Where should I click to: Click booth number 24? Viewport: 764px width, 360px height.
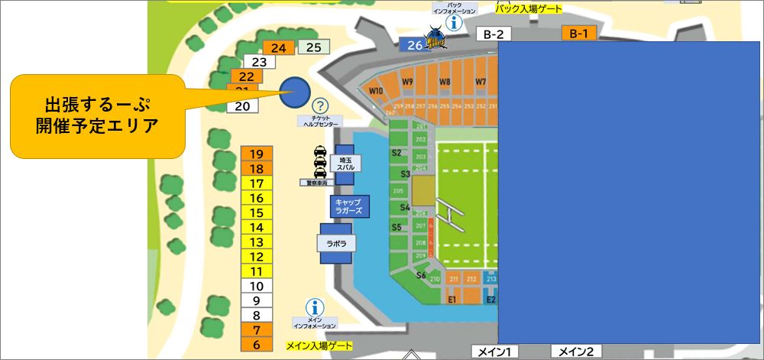pyautogui.click(x=278, y=47)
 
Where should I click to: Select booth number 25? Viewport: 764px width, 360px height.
pyautogui.click(x=313, y=47)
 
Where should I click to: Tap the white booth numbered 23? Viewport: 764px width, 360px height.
pyautogui.click(x=259, y=62)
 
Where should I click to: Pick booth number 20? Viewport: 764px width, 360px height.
pyautogui.click(x=243, y=106)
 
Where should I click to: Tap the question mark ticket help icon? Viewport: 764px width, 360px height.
pyautogui.click(x=320, y=105)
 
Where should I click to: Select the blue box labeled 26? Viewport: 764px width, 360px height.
pyautogui.click(x=413, y=45)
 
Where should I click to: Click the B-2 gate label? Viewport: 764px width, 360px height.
pyautogui.click(x=494, y=34)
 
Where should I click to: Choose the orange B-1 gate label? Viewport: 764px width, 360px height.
pyautogui.click(x=578, y=34)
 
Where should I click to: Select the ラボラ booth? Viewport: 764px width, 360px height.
pyautogui.click(x=336, y=243)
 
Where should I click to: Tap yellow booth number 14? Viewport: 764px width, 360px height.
pyautogui.click(x=257, y=227)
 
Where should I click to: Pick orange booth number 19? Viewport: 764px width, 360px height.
pyautogui.click(x=257, y=154)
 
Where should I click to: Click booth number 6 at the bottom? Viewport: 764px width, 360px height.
pyautogui.click(x=257, y=345)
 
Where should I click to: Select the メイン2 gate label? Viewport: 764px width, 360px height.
pyautogui.click(x=576, y=352)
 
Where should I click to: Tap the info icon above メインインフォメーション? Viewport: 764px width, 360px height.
pyautogui.click(x=313, y=307)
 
